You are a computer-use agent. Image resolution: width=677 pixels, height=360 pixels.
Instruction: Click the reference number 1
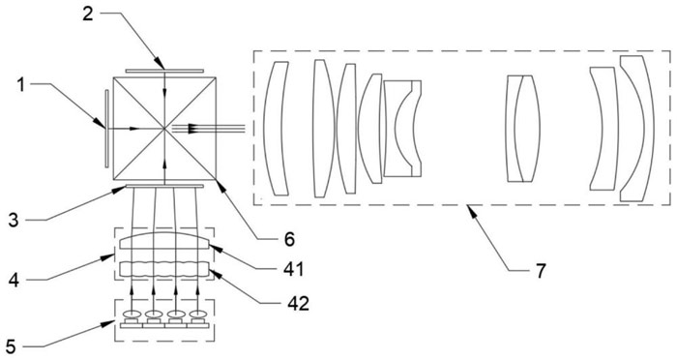click(x=21, y=84)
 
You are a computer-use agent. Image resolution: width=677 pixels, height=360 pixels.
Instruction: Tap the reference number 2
click(x=88, y=14)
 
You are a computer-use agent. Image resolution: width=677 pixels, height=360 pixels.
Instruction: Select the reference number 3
click(x=14, y=220)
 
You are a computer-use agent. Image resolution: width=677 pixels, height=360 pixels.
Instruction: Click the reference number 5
click(x=11, y=346)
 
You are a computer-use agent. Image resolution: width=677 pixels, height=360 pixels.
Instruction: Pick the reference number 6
click(x=289, y=239)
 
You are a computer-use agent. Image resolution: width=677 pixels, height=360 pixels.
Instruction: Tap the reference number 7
click(x=541, y=271)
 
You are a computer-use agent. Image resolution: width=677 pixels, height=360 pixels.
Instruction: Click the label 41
click(x=294, y=269)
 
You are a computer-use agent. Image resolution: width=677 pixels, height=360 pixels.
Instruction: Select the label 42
click(x=298, y=303)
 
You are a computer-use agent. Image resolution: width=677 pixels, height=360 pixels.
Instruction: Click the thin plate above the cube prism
click(x=164, y=71)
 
